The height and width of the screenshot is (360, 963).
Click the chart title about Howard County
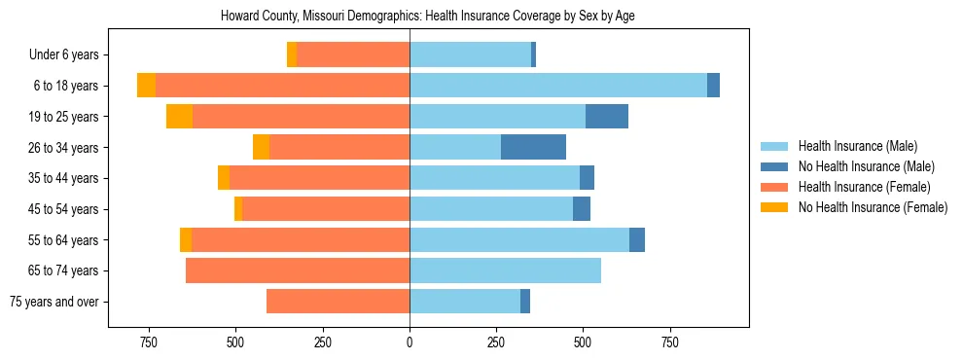pyautogui.click(x=428, y=17)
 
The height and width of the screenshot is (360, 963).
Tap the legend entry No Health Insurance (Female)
pyautogui.click(x=873, y=207)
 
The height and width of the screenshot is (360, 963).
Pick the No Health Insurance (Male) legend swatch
pyautogui.click(x=775, y=166)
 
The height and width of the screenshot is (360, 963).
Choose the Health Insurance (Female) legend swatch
pyautogui.click(x=775, y=187)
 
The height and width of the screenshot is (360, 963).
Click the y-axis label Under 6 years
pyautogui.click(x=64, y=54)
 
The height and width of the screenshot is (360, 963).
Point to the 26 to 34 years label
pyautogui.click(x=64, y=148)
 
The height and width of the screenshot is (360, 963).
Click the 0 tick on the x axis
pyautogui.click(x=410, y=342)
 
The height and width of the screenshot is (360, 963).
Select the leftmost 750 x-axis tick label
pyautogui.click(x=148, y=342)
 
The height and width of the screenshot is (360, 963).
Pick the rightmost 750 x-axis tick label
pyautogui.click(x=669, y=342)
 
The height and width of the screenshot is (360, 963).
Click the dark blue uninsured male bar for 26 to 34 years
pyautogui.click(x=533, y=147)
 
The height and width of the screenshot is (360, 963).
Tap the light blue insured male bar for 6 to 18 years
pyautogui.click(x=557, y=86)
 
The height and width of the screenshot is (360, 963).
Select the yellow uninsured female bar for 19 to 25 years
pyautogui.click(x=179, y=117)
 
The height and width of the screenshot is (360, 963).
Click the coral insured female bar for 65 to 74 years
pyautogui.click(x=298, y=270)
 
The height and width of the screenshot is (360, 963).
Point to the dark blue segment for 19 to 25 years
pyautogui.click(x=607, y=117)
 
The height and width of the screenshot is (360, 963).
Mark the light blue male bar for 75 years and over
pyautogui.click(x=465, y=302)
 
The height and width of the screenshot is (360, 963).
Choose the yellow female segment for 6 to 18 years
pyautogui.click(x=146, y=86)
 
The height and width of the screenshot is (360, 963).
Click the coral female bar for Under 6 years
pyautogui.click(x=353, y=54)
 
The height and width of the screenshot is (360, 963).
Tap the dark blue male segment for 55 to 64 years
pyautogui.click(x=637, y=239)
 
